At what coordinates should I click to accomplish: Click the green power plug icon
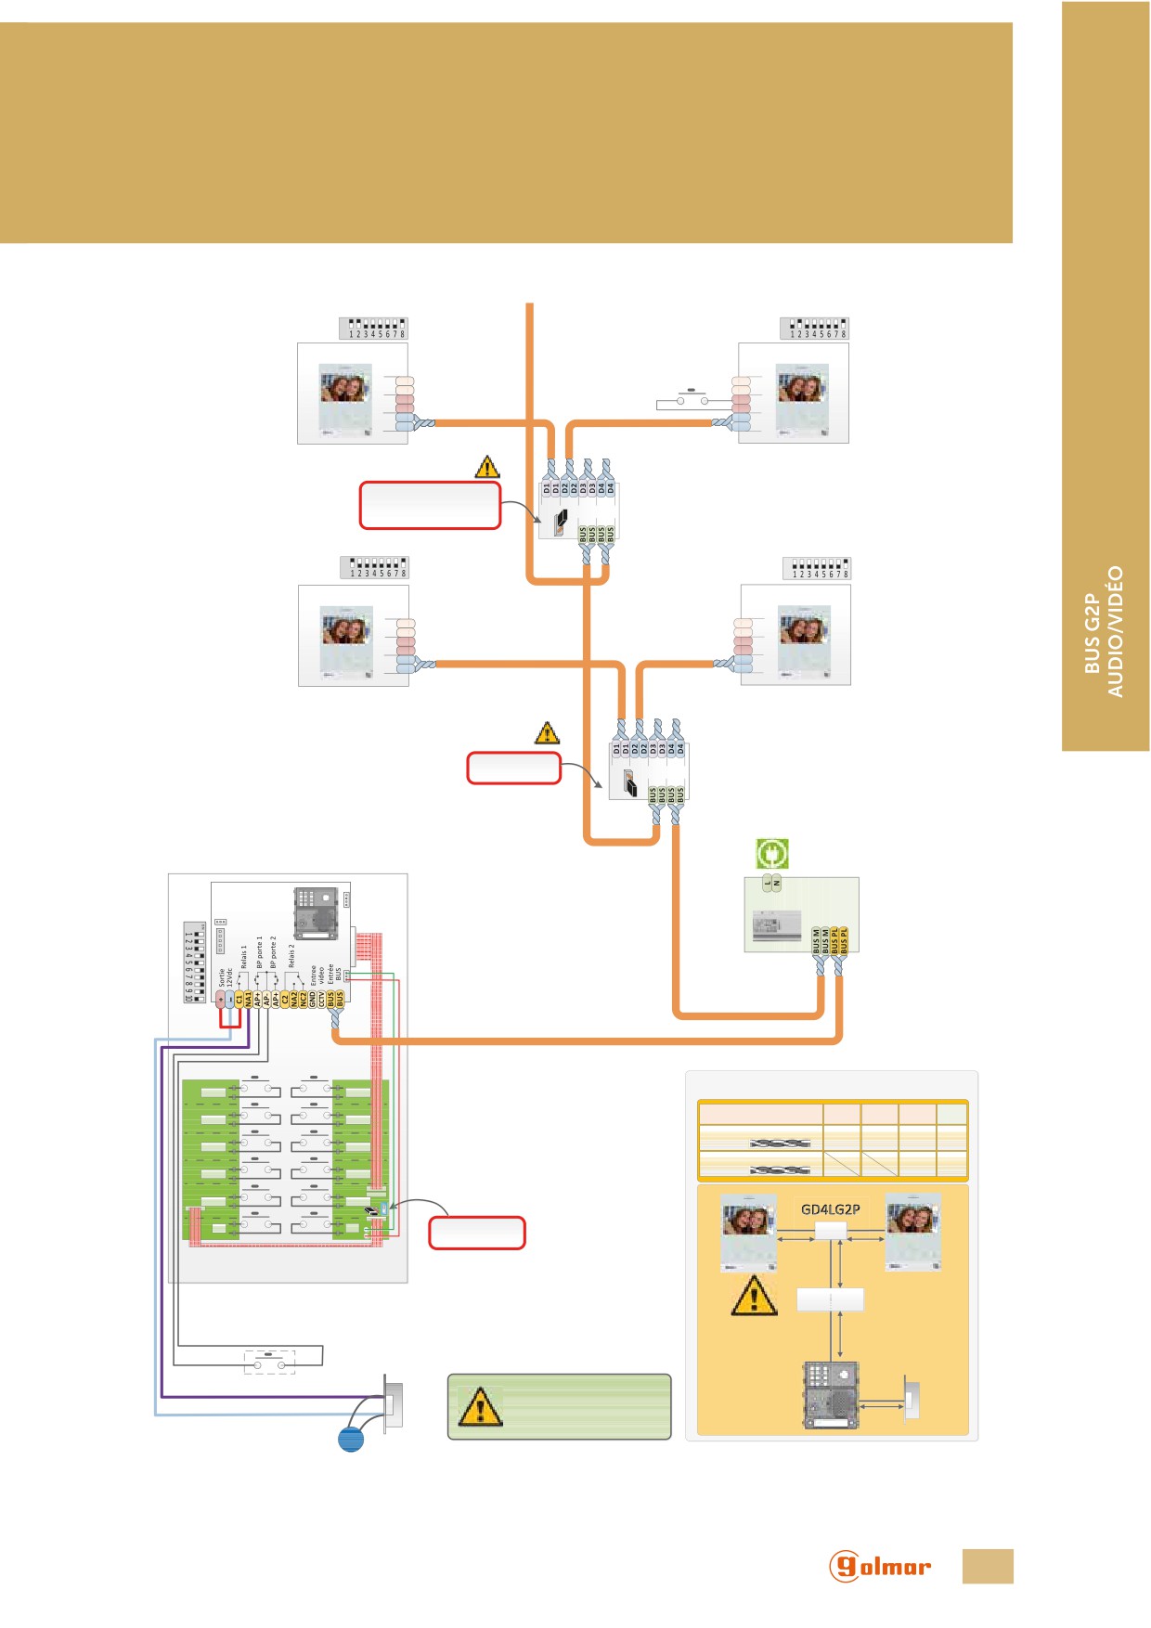(x=771, y=853)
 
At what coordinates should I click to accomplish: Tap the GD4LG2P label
(x=830, y=1209)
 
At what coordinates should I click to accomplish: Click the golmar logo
(x=879, y=1566)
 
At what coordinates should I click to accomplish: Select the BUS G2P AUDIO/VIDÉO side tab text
(x=1105, y=632)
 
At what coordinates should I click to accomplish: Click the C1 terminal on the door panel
(x=239, y=999)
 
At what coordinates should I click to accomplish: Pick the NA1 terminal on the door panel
(x=248, y=999)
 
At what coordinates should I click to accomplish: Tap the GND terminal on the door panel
(x=312, y=999)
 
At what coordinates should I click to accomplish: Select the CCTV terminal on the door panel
(x=321, y=999)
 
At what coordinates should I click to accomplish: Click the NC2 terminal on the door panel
(x=303, y=999)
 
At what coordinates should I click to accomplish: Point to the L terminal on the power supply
(x=768, y=883)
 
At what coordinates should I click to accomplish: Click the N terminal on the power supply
(x=777, y=883)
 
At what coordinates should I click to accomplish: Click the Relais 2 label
(x=291, y=956)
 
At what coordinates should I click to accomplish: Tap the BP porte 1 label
(x=260, y=952)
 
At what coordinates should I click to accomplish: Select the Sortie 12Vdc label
(x=226, y=977)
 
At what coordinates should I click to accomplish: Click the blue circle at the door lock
(x=351, y=1439)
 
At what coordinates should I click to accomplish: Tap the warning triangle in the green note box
(x=480, y=1407)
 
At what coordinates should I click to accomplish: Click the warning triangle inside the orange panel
(x=754, y=1296)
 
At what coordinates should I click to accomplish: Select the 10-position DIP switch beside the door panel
(x=193, y=962)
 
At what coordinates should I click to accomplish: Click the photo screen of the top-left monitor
(x=345, y=383)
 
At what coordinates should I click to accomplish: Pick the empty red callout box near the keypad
(x=477, y=1233)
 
